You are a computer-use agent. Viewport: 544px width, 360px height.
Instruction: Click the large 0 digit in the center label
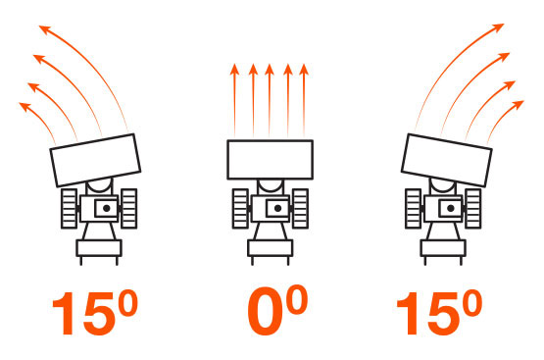tap(264, 311)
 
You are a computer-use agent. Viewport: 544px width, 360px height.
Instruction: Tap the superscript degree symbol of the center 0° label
tap(298, 299)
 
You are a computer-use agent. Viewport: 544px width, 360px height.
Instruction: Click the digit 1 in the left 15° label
tap(64, 314)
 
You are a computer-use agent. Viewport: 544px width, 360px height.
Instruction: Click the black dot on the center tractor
tap(277, 208)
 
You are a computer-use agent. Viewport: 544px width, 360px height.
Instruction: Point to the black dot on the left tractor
tap(107, 208)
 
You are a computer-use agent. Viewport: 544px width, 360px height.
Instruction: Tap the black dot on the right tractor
tap(450, 208)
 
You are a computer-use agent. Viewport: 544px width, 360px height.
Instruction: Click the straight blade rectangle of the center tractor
tap(270, 160)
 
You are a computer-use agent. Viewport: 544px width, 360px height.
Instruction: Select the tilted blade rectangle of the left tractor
tap(95, 160)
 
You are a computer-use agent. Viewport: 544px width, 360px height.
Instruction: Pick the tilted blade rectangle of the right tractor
tap(447, 160)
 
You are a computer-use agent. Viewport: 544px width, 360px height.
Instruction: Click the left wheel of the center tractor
tap(240, 209)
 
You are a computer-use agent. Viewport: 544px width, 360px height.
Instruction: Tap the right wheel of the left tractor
tap(129, 209)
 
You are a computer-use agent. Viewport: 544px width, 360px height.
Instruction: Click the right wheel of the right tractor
tap(473, 209)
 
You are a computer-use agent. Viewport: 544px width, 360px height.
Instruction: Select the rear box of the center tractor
tap(271, 248)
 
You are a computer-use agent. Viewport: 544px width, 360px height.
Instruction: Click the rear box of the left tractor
tap(99, 248)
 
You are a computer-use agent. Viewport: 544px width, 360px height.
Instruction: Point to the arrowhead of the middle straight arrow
tap(270, 70)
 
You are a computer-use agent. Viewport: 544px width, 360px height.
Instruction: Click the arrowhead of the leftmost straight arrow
tap(234, 70)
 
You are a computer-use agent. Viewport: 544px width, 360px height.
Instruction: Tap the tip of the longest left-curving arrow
tap(39, 26)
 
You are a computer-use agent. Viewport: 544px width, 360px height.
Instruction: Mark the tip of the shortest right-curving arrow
tap(523, 101)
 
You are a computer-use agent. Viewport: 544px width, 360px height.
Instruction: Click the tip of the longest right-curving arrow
tap(504, 24)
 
